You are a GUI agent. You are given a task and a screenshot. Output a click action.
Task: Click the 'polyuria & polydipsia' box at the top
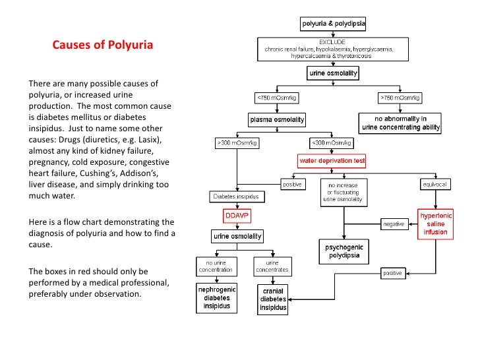(x=334, y=24)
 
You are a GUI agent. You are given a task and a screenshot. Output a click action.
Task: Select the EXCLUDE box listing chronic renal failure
(x=334, y=49)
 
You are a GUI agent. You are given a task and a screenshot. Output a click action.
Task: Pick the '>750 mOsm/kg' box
(x=400, y=98)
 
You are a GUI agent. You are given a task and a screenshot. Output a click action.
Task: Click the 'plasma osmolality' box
(x=276, y=120)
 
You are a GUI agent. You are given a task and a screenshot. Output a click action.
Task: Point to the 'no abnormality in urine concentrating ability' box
(x=400, y=123)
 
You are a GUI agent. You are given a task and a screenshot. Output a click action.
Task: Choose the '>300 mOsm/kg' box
(x=233, y=142)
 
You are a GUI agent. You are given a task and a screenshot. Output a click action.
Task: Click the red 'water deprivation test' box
(x=332, y=160)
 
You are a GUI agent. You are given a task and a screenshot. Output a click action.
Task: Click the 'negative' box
(x=394, y=224)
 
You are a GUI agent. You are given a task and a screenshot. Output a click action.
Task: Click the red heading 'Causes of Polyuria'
(x=102, y=46)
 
